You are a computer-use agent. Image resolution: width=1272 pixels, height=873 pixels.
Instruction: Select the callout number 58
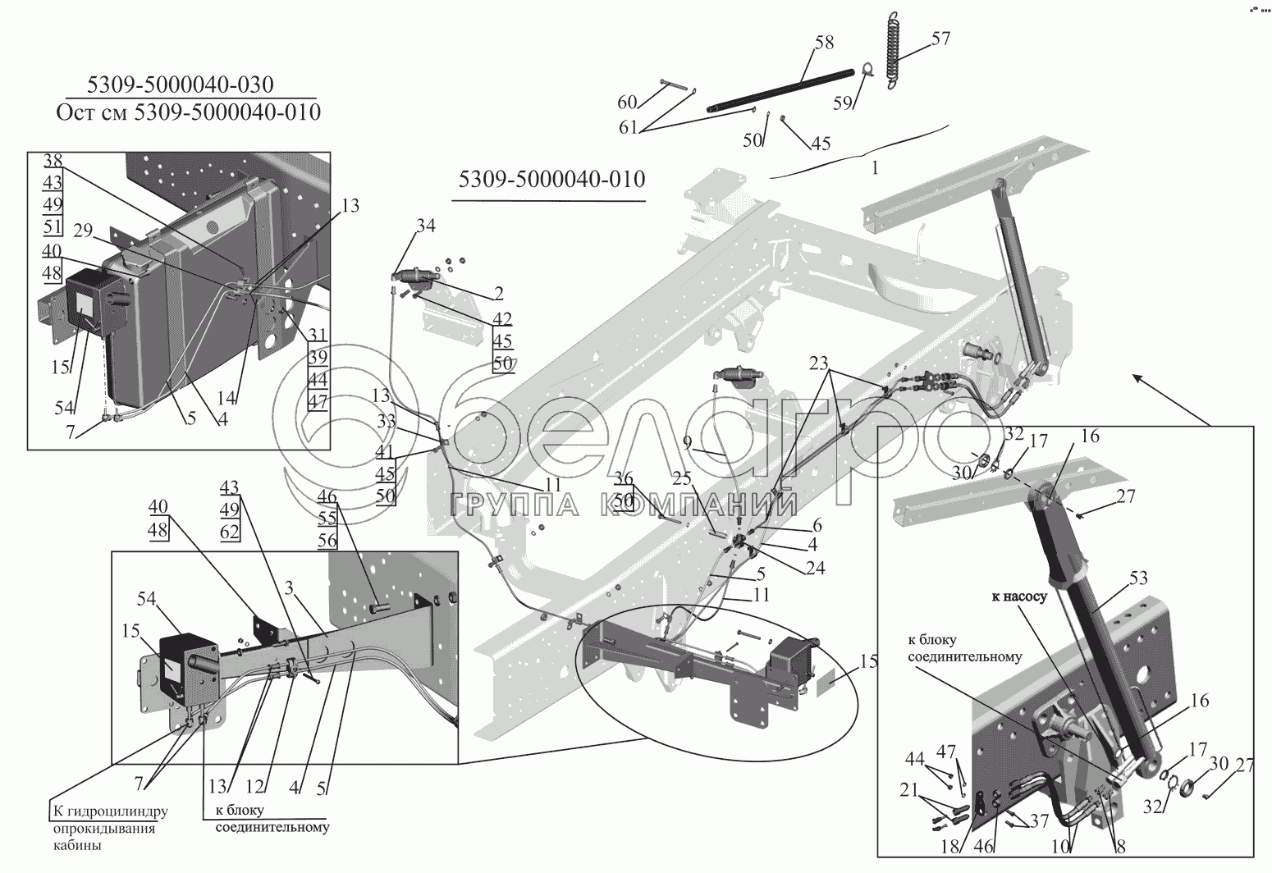(825, 43)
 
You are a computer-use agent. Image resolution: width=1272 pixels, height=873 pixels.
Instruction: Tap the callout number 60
(628, 103)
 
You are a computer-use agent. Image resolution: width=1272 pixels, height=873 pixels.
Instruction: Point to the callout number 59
(843, 103)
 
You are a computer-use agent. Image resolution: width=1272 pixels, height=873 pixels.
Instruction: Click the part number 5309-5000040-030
(180, 85)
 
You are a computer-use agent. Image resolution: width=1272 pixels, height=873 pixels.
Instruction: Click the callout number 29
(84, 231)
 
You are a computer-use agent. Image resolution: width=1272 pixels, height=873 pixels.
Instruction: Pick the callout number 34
(425, 226)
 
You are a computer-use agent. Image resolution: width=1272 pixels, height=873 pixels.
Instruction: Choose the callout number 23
(819, 363)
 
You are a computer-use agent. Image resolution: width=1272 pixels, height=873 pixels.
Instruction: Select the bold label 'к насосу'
(1019, 596)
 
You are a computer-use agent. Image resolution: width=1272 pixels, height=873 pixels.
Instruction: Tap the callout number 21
(909, 790)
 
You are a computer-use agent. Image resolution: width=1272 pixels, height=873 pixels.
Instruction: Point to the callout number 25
(682, 478)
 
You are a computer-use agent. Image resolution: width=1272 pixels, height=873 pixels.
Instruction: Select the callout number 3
(289, 588)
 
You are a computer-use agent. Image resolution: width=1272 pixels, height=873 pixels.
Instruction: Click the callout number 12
(255, 788)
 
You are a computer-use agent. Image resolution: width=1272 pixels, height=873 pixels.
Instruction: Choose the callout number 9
(688, 443)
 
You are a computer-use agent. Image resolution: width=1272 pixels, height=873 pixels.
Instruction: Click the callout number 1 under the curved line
(875, 168)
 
